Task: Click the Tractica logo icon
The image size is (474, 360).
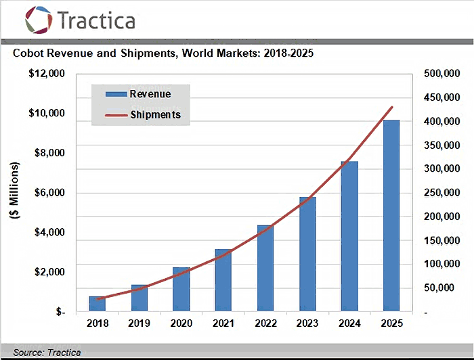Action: (39, 20)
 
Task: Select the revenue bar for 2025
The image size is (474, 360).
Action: (391, 217)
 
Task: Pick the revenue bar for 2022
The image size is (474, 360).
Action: (265, 269)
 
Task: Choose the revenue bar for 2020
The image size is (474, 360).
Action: (181, 290)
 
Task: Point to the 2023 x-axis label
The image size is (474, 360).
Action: (307, 323)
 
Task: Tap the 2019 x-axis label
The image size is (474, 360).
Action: (139, 323)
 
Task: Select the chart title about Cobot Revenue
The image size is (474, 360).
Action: (163, 52)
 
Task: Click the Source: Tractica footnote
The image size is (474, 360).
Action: (47, 353)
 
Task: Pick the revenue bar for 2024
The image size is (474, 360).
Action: (349, 237)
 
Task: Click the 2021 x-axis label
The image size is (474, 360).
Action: (223, 323)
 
